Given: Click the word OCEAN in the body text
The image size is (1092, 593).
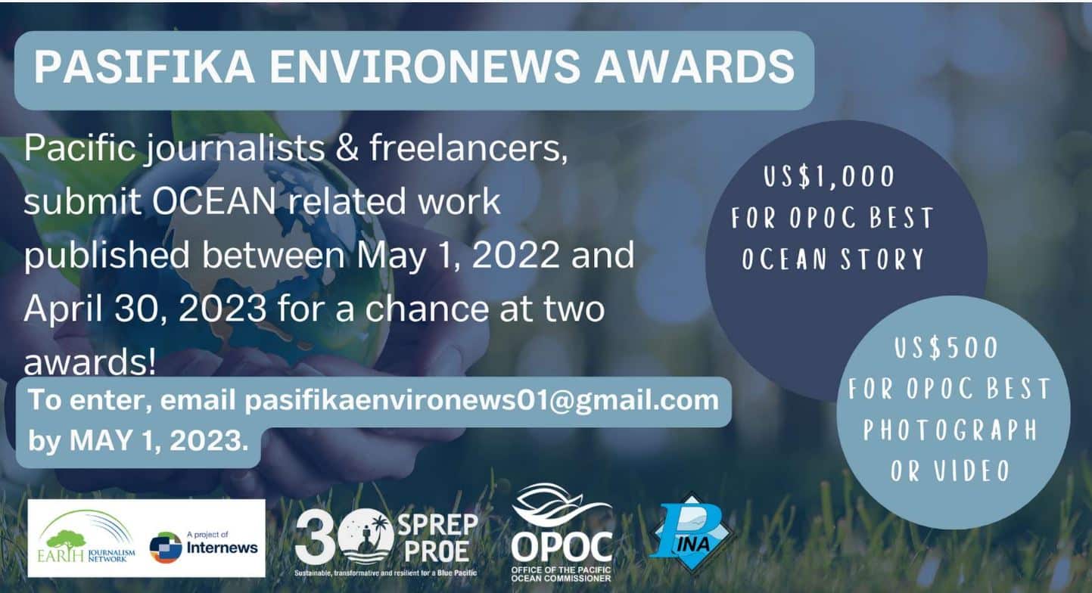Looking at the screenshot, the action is point(214,200).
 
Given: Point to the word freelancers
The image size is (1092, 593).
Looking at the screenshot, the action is point(468,148).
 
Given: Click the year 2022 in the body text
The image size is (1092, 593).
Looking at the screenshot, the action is point(516,255).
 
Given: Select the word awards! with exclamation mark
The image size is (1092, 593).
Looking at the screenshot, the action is point(90,362).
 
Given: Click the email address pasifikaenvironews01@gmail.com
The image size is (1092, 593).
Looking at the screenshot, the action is point(481,402).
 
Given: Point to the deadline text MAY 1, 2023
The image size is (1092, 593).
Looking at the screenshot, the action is point(159,440).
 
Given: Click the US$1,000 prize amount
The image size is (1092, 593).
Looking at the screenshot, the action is point(829,176).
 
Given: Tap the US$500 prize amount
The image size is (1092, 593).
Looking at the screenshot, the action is point(946,349).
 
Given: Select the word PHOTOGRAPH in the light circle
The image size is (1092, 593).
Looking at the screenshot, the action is point(950,430).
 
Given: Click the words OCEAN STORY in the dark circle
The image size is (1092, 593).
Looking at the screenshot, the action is point(833,259).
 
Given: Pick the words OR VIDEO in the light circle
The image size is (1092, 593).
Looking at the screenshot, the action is point(950,470).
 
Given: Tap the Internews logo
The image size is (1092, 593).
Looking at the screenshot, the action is point(204,547).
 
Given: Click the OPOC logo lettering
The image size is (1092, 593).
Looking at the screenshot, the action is point(562,546).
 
